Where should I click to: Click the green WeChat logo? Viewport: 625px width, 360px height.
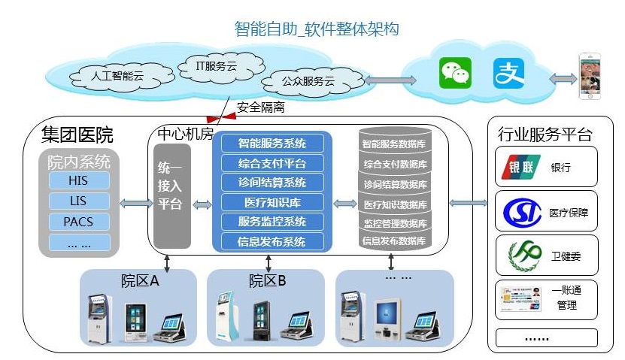pos(455,73)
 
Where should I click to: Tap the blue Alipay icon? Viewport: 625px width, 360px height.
pos(508,73)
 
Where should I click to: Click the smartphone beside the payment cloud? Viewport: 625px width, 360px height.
pos(590,76)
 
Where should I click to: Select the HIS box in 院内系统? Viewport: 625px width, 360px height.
pos(79,180)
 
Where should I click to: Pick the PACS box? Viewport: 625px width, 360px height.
pos(79,222)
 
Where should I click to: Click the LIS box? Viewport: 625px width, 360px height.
pos(79,201)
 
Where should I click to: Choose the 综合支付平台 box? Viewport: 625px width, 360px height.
pos(272,163)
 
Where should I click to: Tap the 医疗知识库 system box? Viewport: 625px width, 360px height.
pos(272,202)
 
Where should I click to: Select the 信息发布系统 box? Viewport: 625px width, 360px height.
pos(272,241)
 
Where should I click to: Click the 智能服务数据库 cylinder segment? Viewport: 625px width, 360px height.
pos(395,143)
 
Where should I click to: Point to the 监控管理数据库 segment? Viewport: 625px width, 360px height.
pos(395,223)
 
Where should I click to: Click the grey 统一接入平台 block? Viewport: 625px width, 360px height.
pos(171,196)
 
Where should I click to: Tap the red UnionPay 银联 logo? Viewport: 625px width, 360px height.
pos(520,167)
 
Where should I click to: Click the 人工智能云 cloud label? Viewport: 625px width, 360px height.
pos(117,76)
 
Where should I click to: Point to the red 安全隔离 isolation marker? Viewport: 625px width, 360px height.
pos(221,118)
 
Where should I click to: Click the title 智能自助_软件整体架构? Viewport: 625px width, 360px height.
pos(317,29)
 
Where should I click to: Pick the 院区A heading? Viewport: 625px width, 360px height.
pos(140,281)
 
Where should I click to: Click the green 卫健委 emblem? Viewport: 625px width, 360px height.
pos(524,256)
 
